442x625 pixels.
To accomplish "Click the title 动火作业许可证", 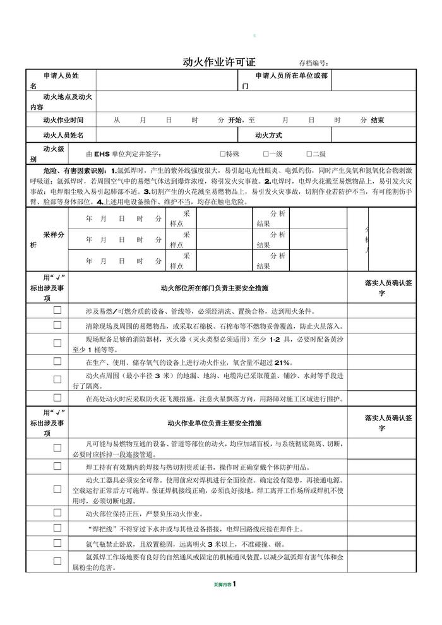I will pyautogui.click(x=218, y=62).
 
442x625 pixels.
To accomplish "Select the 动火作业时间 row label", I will pyautogui.click(x=63, y=120).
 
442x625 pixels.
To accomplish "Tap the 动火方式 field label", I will pyautogui.click(x=268, y=135).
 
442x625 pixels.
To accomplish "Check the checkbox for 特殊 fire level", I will pyautogui.click(x=223, y=153).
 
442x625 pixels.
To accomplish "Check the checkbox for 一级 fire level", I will pyautogui.click(x=266, y=153).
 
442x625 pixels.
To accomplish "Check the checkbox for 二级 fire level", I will pyautogui.click(x=309, y=153).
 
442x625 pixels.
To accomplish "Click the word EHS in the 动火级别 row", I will pyautogui.click(x=102, y=154).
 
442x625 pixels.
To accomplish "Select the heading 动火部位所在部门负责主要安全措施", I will pyautogui.click(x=214, y=288).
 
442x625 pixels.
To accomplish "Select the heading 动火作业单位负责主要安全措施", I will pyautogui.click(x=214, y=423).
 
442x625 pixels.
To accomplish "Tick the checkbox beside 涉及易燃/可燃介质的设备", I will pyautogui.click(x=57, y=311).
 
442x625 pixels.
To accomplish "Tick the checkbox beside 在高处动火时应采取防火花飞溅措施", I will pyautogui.click(x=57, y=398).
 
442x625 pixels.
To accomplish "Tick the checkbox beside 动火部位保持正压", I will pyautogui.click(x=57, y=513).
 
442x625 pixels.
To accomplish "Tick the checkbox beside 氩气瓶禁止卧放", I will pyautogui.click(x=57, y=542).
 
